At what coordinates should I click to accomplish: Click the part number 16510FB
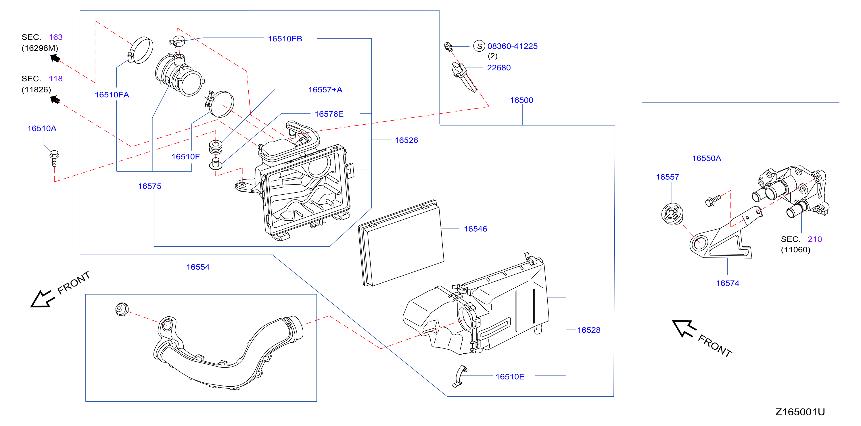[285, 39]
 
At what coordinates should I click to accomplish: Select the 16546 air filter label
[475, 229]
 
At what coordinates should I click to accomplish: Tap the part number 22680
[499, 68]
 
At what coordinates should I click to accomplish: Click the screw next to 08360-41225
[448, 47]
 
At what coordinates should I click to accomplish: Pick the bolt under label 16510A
[54, 158]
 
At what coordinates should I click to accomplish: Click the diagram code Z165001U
[800, 412]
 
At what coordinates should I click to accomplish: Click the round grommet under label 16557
[672, 213]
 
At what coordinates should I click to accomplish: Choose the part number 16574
[727, 283]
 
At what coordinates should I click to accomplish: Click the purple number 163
[55, 37]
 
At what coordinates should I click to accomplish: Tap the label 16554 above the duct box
[198, 267]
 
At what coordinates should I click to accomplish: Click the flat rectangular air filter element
[401, 243]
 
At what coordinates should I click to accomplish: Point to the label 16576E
[329, 114]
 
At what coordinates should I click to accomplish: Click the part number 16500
[521, 100]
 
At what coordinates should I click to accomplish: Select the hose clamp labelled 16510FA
[141, 50]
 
